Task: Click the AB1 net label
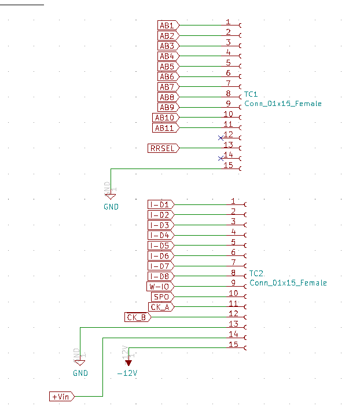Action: tap(168, 25)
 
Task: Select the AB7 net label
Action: tap(168, 87)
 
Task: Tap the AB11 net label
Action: tap(166, 127)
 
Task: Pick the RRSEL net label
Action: tap(163, 148)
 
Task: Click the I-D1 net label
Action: tap(160, 204)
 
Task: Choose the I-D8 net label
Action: tap(160, 276)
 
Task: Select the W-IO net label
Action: tap(160, 287)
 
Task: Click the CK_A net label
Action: tap(160, 307)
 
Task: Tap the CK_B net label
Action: tap(138, 317)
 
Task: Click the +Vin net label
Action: tap(61, 397)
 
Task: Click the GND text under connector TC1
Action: tap(111, 207)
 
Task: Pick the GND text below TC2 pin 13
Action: tap(80, 374)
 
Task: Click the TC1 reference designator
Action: tap(251, 94)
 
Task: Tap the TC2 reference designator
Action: tap(256, 273)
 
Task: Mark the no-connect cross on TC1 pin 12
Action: tap(221, 138)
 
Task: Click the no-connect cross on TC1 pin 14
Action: tap(221, 158)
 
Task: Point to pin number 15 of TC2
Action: tap(233, 344)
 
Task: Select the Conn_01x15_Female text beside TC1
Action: tap(282, 104)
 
